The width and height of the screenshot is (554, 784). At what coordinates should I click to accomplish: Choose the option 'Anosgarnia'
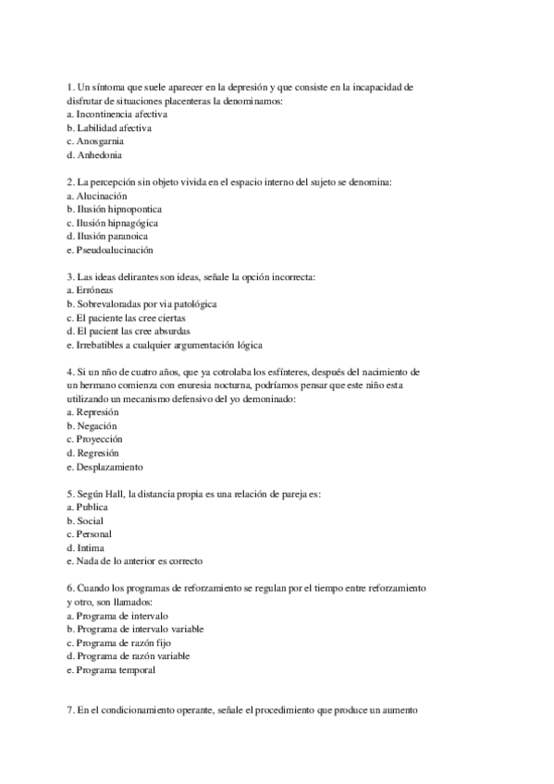pyautogui.click(x=100, y=141)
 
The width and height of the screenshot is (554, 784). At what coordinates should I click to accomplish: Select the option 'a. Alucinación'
pyautogui.click(x=95, y=196)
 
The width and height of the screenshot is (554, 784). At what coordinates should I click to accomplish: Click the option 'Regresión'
pyautogui.click(x=98, y=453)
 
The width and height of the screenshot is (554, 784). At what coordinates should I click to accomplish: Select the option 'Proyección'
pyautogui.click(x=100, y=439)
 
